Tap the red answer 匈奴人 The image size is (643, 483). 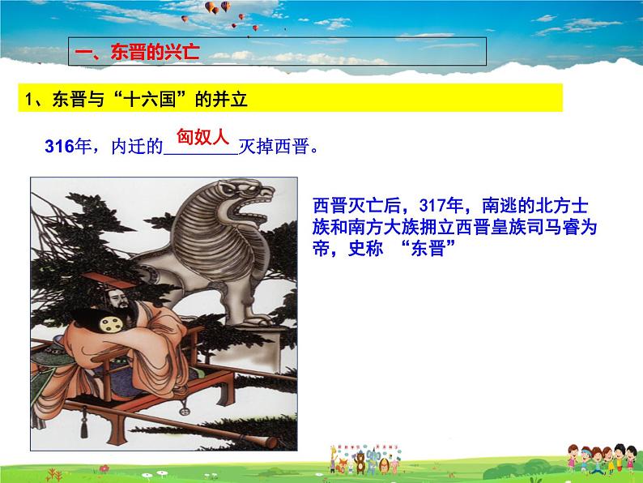[202, 137]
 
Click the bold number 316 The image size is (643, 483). [59, 147]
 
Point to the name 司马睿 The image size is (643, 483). [553, 227]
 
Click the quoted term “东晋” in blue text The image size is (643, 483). [428, 248]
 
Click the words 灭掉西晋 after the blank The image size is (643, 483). [274, 147]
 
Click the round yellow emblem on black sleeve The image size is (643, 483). [109, 324]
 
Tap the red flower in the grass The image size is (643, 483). [104, 468]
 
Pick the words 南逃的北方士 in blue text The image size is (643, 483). [534, 206]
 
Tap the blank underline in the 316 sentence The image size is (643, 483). [201, 154]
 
